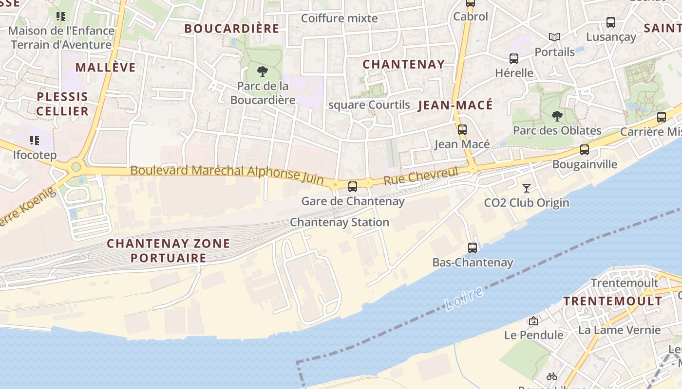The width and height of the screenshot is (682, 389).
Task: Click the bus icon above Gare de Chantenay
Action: point(352,186)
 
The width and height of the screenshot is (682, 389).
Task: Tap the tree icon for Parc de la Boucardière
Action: point(263,72)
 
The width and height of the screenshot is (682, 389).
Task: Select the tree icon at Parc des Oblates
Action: point(557,116)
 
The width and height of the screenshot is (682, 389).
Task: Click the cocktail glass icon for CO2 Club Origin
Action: point(526,188)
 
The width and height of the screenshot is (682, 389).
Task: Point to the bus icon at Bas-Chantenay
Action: point(472,248)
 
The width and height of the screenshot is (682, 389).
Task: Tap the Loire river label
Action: point(464,299)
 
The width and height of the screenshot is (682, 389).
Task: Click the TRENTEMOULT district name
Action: point(612,301)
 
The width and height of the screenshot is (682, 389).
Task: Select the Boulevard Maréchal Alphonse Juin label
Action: point(227,174)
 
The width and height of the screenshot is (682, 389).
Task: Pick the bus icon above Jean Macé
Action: point(462,130)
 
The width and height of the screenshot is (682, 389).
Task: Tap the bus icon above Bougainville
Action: point(584,150)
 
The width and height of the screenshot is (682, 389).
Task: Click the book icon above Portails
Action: point(554,37)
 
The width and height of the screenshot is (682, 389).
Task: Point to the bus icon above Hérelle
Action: point(513,59)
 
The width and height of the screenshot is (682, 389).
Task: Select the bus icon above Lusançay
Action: point(610,22)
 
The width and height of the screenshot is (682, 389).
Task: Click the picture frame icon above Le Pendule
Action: point(533,321)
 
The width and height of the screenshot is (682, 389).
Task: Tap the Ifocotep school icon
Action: point(34,141)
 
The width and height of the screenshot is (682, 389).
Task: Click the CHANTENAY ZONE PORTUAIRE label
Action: point(168,250)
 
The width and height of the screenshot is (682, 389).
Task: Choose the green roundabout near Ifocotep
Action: point(76,167)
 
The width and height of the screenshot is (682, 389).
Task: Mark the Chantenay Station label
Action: point(339,222)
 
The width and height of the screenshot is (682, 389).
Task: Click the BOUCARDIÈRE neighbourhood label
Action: point(231,29)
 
